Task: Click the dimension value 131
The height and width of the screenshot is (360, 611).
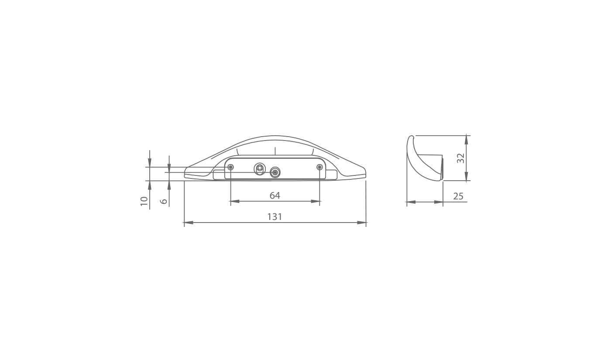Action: point(275,217)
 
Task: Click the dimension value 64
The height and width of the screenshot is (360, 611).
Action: point(275,195)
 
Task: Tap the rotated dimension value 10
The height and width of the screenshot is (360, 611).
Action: point(144,201)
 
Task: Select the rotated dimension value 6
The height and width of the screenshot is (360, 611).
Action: point(164,202)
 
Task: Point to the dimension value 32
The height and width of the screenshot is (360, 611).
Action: point(460,158)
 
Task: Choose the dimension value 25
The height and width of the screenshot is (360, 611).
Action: point(458,196)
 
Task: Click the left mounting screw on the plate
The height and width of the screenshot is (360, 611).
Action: point(231,167)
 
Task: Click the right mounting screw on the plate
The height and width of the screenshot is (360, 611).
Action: point(319,167)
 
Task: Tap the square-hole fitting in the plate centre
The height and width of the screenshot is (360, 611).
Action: point(259,169)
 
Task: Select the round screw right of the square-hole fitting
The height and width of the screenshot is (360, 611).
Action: point(275,172)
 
